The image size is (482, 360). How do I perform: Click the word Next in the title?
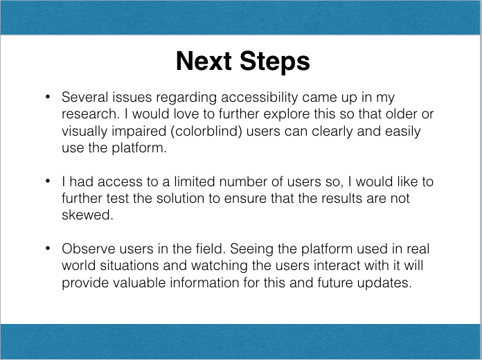pyautogui.click(x=204, y=61)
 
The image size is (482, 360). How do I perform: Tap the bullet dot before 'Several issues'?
pyautogui.click(x=47, y=98)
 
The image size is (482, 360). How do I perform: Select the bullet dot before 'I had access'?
pyautogui.click(x=47, y=182)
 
